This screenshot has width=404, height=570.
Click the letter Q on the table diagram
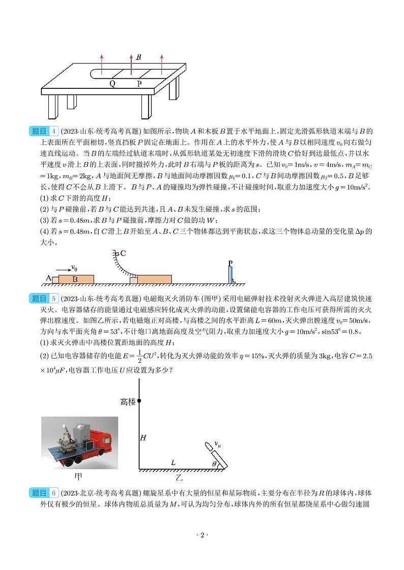(x=112, y=84)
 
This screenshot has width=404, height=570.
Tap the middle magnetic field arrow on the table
(x=132, y=66)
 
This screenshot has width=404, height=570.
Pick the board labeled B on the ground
(x=76, y=279)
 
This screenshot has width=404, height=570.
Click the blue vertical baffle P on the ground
(x=230, y=275)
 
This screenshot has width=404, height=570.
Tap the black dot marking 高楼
(x=139, y=401)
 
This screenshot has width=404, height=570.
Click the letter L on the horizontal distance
(x=173, y=462)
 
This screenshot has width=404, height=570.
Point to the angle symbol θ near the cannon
(x=214, y=463)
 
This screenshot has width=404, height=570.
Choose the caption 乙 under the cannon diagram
(x=179, y=478)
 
